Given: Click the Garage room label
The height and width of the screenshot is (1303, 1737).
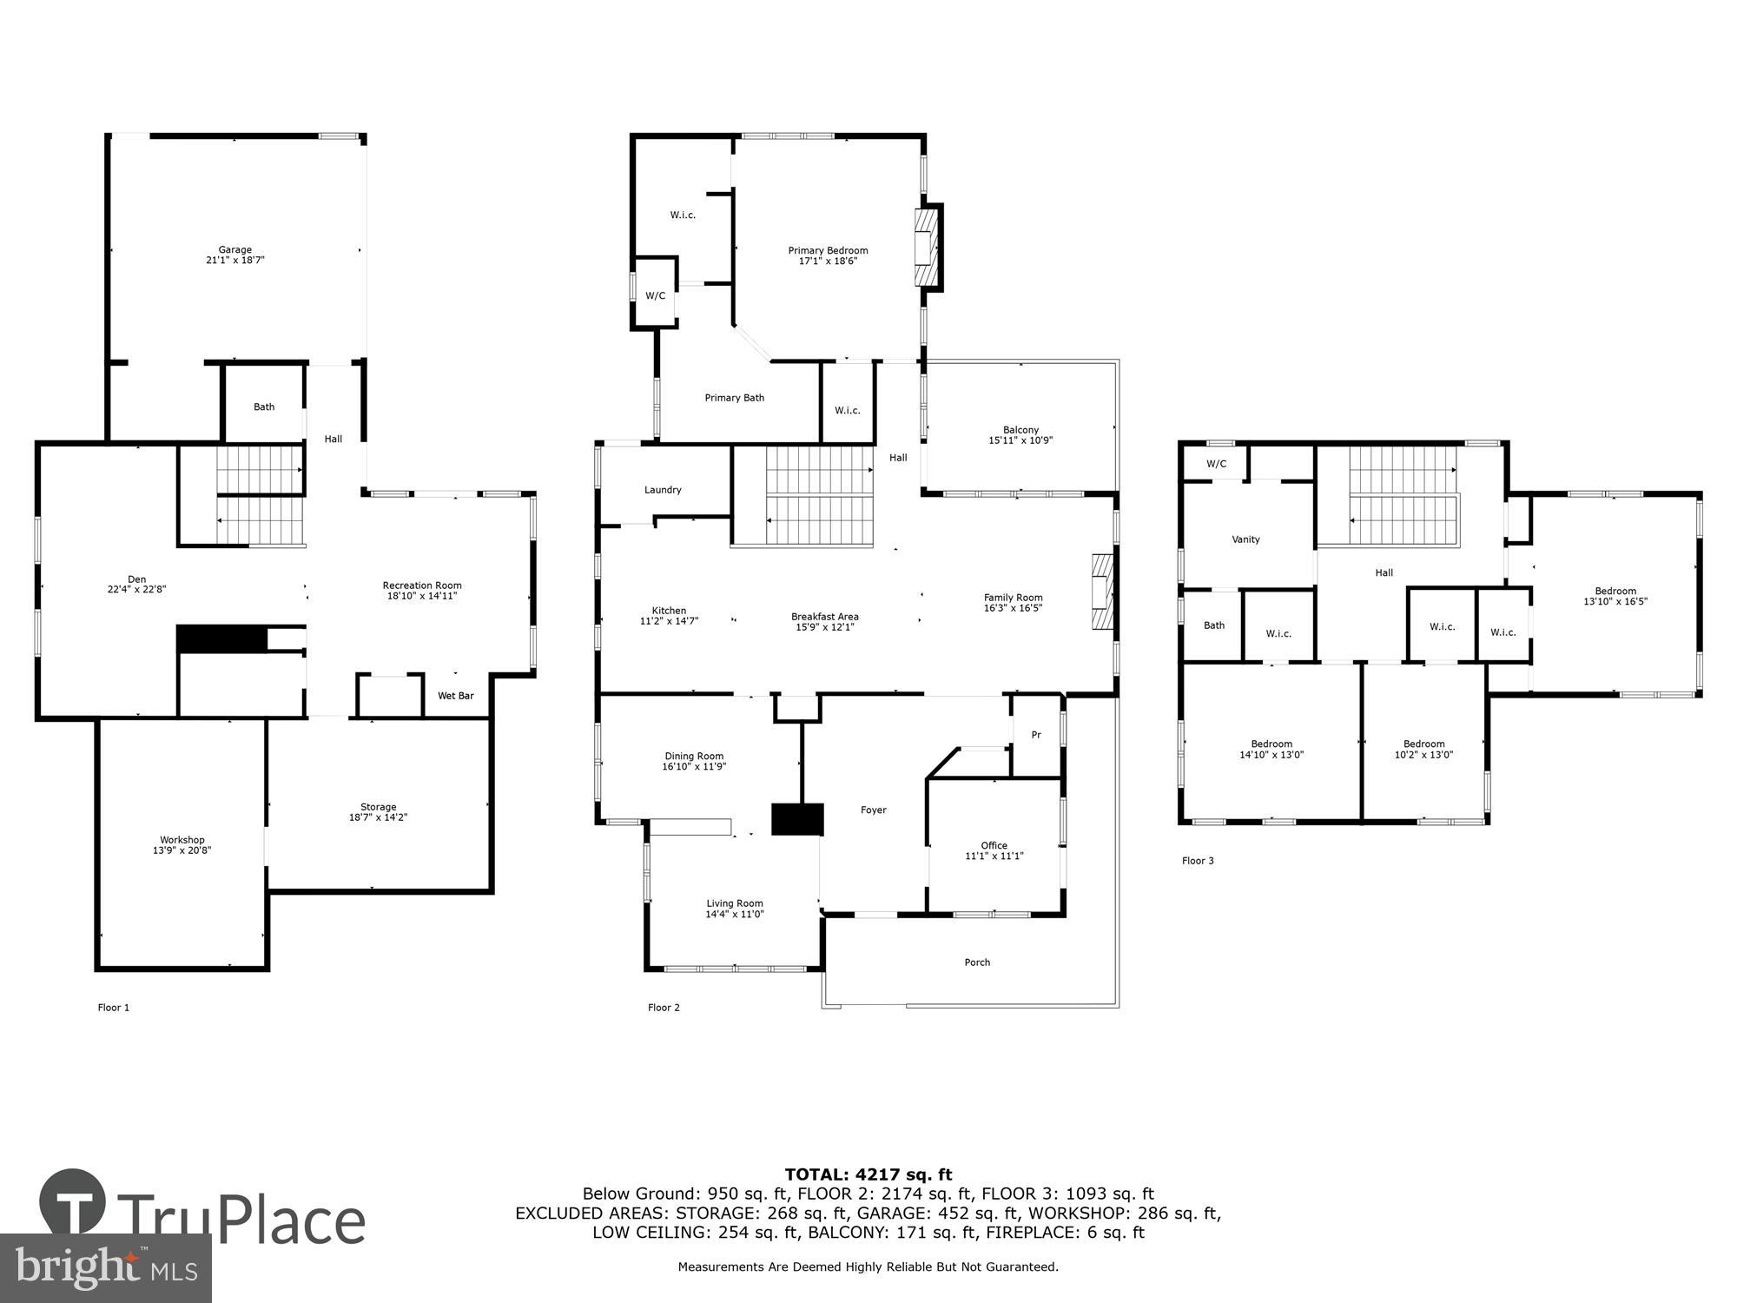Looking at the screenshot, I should [x=234, y=249].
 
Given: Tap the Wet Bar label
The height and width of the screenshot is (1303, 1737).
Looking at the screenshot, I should [x=455, y=696].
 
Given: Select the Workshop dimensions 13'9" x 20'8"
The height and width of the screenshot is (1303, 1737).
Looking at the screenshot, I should [x=182, y=850].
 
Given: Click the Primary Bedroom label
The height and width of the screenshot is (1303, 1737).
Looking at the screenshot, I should [x=828, y=250].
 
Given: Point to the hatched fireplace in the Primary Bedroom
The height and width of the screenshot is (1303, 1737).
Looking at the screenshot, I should [x=928, y=248].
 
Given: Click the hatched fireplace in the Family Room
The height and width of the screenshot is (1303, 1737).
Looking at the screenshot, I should [x=1101, y=592].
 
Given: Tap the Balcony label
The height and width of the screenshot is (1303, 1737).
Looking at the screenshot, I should [x=1020, y=429].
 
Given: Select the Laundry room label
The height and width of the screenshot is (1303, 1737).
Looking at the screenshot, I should [x=663, y=490].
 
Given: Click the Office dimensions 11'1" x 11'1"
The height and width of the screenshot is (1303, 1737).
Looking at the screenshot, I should [x=994, y=856].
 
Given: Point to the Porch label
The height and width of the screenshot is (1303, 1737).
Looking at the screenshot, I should [x=977, y=962].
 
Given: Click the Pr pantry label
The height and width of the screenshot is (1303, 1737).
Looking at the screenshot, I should [x=1035, y=735].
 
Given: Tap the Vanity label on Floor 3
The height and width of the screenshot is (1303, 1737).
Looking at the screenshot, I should [x=1245, y=539].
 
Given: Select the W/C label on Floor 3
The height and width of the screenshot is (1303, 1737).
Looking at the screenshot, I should [x=1216, y=464].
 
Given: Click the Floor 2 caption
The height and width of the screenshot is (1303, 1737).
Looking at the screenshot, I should [x=664, y=1008].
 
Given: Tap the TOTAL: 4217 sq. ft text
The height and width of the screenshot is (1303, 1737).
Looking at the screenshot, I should [x=868, y=1174].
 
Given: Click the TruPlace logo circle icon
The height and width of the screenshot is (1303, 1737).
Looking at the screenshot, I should [x=74, y=1203].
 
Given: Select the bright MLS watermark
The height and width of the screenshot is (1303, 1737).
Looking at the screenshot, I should [x=106, y=1268].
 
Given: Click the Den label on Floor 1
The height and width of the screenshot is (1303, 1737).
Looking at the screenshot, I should [x=136, y=579].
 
